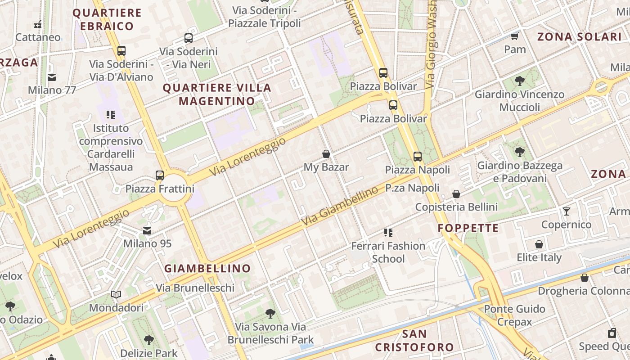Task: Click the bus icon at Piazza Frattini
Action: pyautogui.click(x=160, y=175)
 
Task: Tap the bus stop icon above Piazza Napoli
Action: pyautogui.click(x=418, y=157)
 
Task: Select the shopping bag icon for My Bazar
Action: pyautogui.click(x=326, y=154)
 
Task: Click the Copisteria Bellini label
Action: pyautogui.click(x=456, y=207)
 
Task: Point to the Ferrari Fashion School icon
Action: pyautogui.click(x=388, y=233)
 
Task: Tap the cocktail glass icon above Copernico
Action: pyautogui.click(x=566, y=211)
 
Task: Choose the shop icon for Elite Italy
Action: pyautogui.click(x=539, y=244)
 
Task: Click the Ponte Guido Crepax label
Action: pyautogui.click(x=514, y=315)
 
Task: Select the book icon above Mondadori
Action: pyautogui.click(x=116, y=294)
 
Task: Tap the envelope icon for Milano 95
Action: pyautogui.click(x=147, y=231)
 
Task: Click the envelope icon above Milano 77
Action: pyautogui.click(x=52, y=77)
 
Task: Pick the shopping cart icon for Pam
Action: pyautogui.click(x=515, y=36)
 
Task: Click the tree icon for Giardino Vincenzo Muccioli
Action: pyautogui.click(x=520, y=81)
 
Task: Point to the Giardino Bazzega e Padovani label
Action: pyautogui.click(x=520, y=172)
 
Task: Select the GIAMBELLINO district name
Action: pyautogui.click(x=207, y=269)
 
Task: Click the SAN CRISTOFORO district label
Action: pyautogui.click(x=414, y=341)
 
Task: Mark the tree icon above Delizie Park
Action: pyautogui.click(x=149, y=340)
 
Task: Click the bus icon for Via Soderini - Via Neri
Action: pyautogui.click(x=189, y=38)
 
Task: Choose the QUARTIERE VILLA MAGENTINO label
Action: pyautogui.click(x=217, y=94)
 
